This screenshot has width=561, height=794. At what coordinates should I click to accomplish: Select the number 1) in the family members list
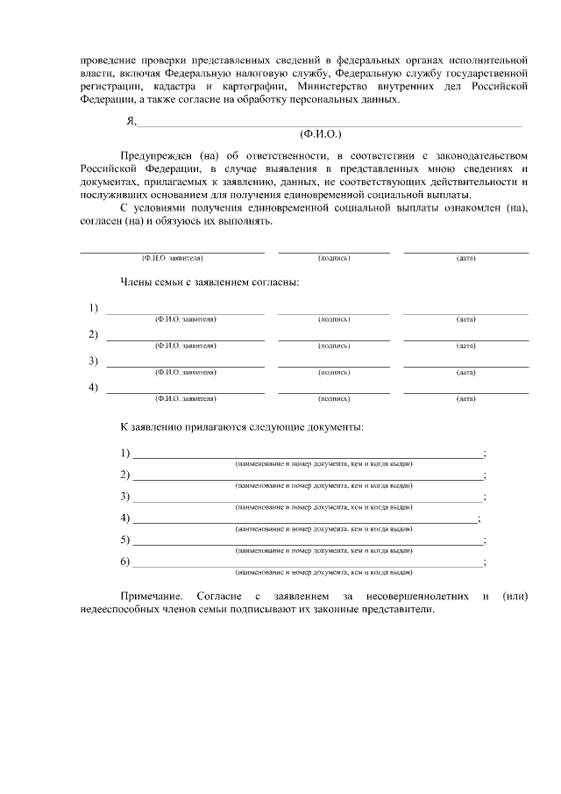pos(93,307)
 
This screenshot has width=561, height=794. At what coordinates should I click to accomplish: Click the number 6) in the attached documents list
pos(125,561)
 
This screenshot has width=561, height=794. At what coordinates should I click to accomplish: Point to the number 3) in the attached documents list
pos(125,496)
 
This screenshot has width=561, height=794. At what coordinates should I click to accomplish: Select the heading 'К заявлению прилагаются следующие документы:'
pos(242,427)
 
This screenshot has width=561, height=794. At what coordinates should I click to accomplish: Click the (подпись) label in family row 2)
pos(334,346)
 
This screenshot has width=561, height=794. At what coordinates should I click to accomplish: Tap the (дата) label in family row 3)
pos(465,372)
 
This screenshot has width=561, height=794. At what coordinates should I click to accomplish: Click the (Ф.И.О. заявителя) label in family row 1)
pos(185,319)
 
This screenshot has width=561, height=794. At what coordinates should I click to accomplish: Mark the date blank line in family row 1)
pos(465,312)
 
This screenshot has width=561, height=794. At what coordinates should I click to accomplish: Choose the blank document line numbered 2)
pos(307,478)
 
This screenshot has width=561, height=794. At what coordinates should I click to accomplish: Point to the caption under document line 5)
pos(323,550)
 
